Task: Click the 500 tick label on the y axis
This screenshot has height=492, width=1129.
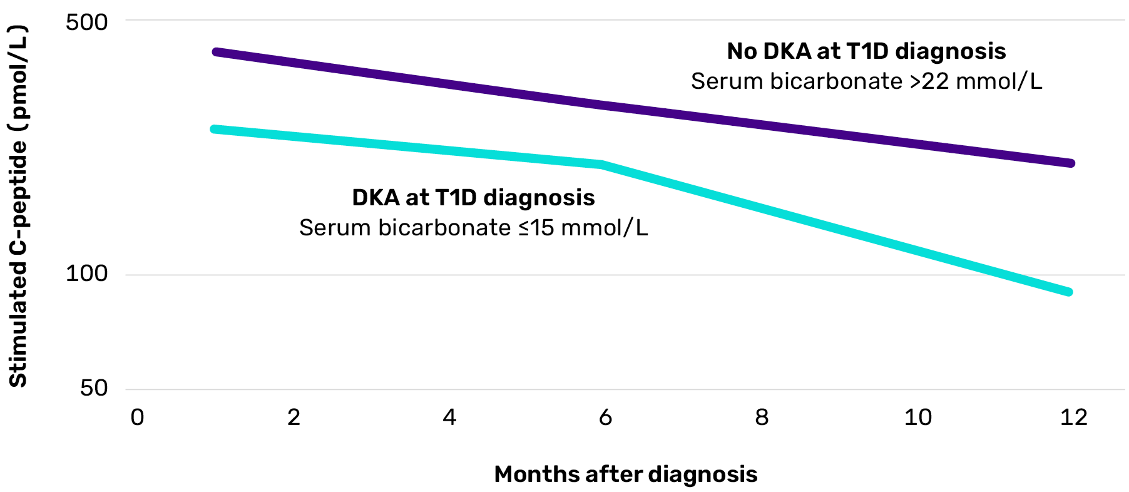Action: point(86,23)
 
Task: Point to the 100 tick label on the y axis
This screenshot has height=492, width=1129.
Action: point(86,274)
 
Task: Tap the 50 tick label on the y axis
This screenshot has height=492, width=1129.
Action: point(94,388)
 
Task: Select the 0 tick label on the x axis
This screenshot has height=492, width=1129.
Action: point(137,418)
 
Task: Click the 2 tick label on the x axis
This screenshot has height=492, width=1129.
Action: point(294,418)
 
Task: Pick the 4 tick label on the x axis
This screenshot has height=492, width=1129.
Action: point(449,418)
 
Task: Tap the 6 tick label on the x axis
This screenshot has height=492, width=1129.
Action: point(605,418)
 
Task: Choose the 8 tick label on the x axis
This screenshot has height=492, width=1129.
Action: point(762,418)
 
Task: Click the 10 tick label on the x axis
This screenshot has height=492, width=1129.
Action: point(917,418)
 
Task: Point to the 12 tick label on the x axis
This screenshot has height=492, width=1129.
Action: point(1074,418)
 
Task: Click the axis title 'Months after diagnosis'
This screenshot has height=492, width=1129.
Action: point(625,474)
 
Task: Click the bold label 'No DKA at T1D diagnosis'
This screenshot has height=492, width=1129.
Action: point(866,51)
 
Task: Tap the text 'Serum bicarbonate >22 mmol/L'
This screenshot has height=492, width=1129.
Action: point(866,81)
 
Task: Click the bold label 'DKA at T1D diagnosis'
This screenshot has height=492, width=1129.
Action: point(473,198)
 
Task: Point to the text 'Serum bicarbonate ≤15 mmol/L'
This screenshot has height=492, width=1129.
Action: point(473,228)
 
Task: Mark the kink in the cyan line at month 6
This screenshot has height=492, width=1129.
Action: point(602,165)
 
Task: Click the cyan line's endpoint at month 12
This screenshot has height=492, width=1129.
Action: point(1069,292)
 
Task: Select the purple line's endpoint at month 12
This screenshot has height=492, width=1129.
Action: point(1070,163)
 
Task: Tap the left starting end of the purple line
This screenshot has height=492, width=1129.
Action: point(216,52)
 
